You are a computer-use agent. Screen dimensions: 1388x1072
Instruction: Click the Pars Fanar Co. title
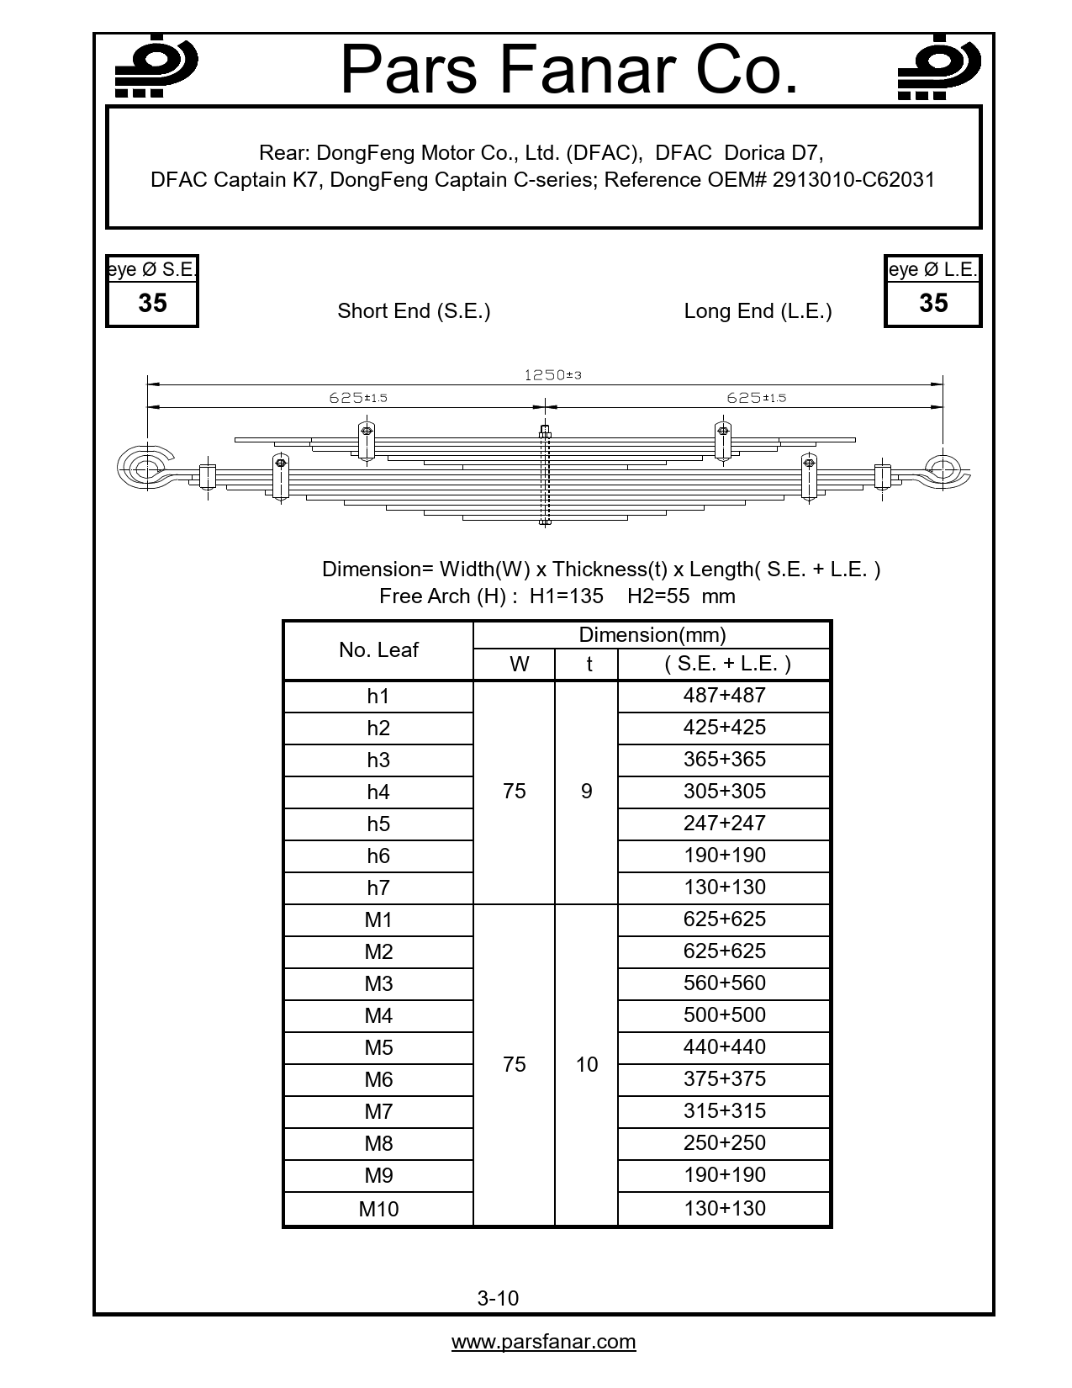[x=569, y=70]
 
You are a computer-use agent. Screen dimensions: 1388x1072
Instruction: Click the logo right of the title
[x=938, y=67]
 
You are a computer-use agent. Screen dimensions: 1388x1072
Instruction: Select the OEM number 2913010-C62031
[x=853, y=180]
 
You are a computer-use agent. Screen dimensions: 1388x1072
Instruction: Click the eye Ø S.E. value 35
[x=152, y=304]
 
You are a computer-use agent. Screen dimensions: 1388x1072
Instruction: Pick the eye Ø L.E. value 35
[x=933, y=304]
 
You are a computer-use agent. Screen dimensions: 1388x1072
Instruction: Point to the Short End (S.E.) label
[x=414, y=311]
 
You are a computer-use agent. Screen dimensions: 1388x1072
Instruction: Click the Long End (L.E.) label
[x=758, y=311]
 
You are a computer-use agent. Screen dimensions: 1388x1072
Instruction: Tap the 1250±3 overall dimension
[x=552, y=375]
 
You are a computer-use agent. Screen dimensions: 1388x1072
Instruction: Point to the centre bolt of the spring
[x=545, y=476]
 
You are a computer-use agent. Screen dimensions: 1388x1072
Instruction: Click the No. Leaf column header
[x=378, y=650]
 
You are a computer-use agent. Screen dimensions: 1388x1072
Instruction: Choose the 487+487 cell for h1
[x=724, y=696]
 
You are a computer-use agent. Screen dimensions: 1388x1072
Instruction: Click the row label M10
[x=378, y=1209]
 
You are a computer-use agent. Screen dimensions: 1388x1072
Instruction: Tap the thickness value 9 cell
[x=586, y=792]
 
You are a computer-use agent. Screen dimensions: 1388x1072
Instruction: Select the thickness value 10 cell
[x=586, y=1065]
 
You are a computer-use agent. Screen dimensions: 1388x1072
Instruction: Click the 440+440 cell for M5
[x=724, y=1047]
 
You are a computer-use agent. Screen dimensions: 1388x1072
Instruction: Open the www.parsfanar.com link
[x=543, y=1342]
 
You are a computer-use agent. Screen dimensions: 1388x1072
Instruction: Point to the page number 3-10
[x=498, y=1298]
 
